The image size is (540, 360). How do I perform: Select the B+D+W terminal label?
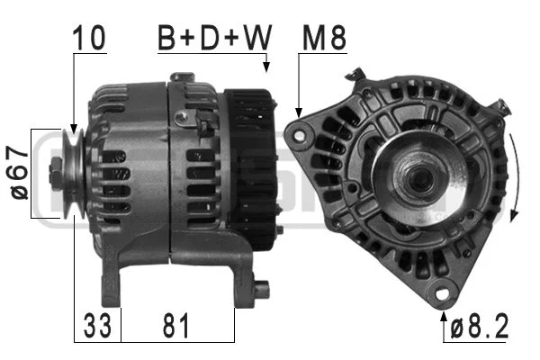(213, 37)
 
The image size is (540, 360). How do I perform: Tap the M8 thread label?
(326, 37)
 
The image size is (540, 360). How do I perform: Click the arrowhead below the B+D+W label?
(266, 67)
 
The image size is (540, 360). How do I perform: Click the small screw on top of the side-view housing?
(184, 118)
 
